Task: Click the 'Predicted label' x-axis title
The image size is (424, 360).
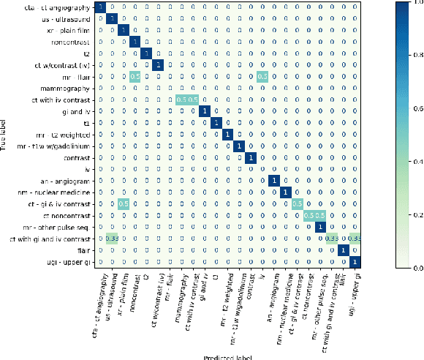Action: [228, 356]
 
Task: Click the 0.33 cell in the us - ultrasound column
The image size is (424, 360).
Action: [111, 239]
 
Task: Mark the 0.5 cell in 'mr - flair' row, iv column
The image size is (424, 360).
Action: [262, 76]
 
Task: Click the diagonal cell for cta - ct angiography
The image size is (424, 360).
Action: [99, 7]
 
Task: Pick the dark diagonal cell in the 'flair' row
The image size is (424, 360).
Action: [343, 250]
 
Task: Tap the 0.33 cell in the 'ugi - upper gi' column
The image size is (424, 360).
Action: [355, 239]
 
